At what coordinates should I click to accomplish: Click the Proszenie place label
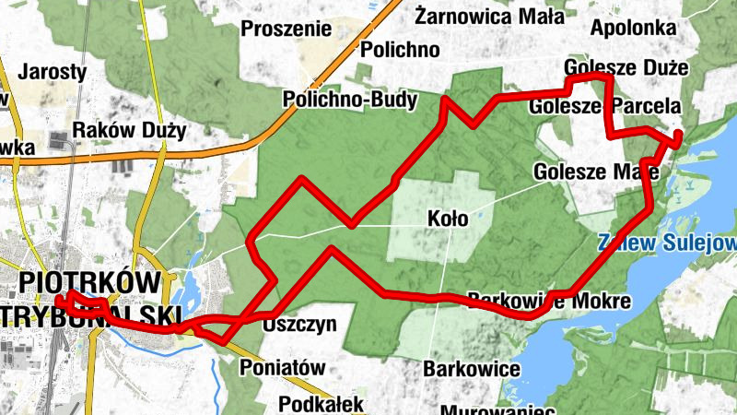pyautogui.click(x=286, y=29)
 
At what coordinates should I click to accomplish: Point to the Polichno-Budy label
pyautogui.click(x=351, y=99)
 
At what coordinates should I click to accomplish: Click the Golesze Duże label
pyautogui.click(x=626, y=68)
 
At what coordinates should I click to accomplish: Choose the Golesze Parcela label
pyautogui.click(x=604, y=107)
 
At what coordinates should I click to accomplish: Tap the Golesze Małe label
pyautogui.click(x=595, y=172)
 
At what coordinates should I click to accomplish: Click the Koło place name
pyautogui.click(x=449, y=219)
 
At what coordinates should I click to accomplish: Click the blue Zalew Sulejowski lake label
pyautogui.click(x=666, y=244)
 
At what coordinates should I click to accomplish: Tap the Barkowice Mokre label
pyautogui.click(x=549, y=302)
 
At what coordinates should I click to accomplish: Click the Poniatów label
pyautogui.click(x=283, y=367)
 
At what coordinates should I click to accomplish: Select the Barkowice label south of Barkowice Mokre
pyautogui.click(x=472, y=369)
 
